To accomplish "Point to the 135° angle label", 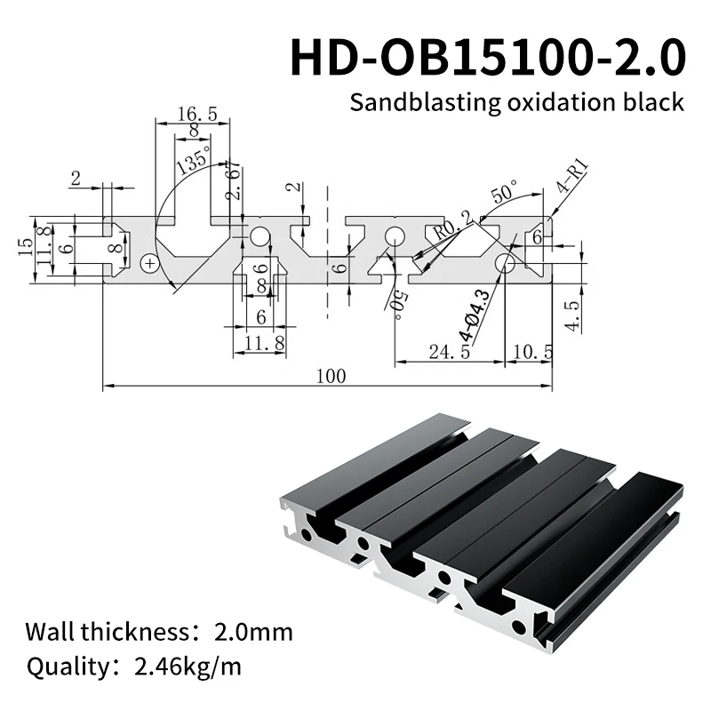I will tap(193, 162).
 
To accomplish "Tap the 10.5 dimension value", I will tap(531, 352).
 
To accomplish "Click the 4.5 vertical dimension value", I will tap(573, 315).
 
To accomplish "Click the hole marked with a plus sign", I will tap(150, 262).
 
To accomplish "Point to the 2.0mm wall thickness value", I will tap(253, 632).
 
